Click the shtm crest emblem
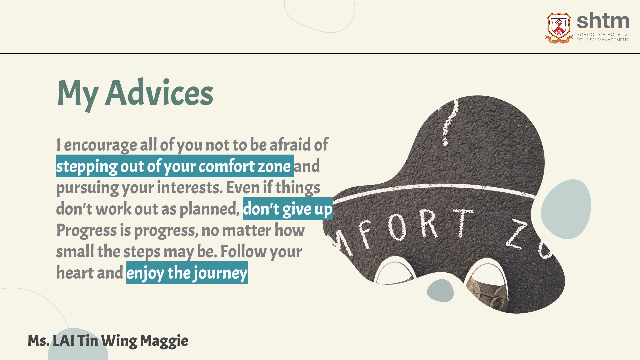tap(559, 28)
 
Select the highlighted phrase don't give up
tap(288, 209)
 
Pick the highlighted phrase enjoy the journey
tap(187, 273)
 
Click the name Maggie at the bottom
tap(164, 341)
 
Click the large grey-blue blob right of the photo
tap(566, 209)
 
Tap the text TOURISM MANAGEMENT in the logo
tap(602, 40)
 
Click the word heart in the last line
tap(75, 272)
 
